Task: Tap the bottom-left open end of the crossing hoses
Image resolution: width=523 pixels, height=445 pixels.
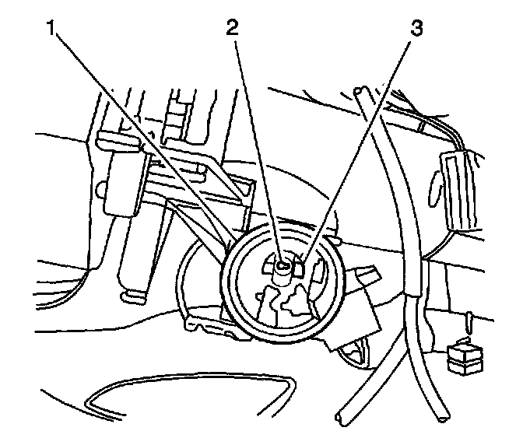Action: coord(343,420)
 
